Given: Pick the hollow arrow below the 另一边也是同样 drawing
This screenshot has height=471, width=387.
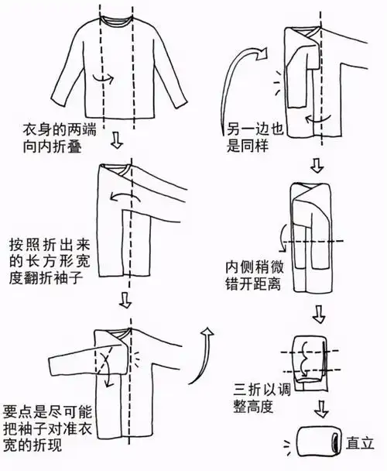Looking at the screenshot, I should (315, 165).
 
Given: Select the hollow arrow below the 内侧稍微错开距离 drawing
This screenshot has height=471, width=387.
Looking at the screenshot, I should (317, 314).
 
